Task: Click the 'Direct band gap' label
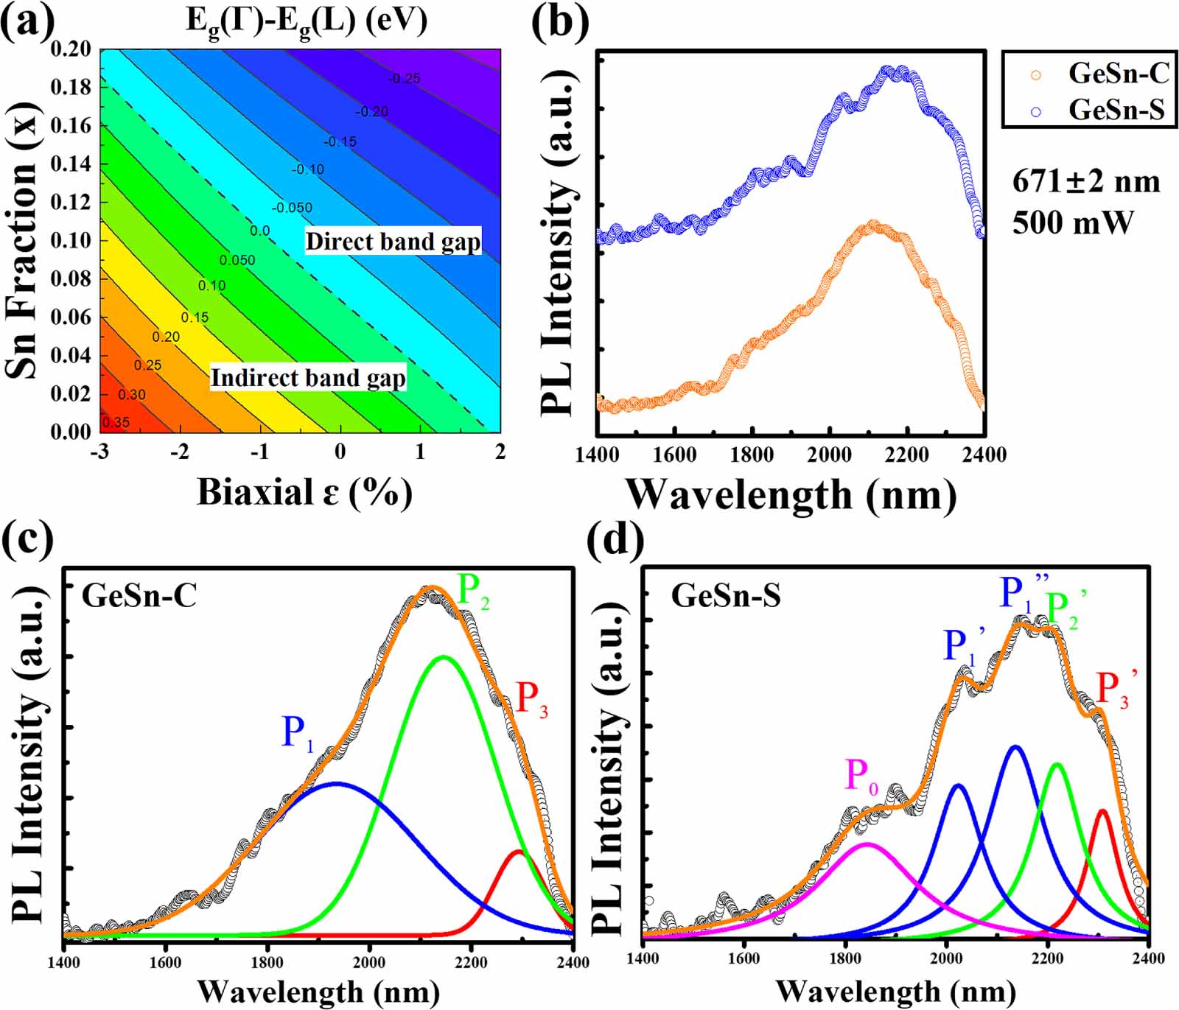(x=393, y=242)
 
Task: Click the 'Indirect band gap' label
(x=308, y=378)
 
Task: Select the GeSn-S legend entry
(x=1116, y=110)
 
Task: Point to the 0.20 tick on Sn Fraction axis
(x=71, y=49)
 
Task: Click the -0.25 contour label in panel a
(x=404, y=79)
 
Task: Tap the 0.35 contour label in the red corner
(x=116, y=422)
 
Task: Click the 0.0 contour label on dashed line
(x=259, y=231)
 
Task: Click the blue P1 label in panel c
(x=298, y=733)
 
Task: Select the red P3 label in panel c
(x=531, y=698)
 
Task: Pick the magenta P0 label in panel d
(x=861, y=776)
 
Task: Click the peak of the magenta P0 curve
(x=867, y=844)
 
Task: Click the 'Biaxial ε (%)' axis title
(x=304, y=491)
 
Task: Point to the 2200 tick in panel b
(x=907, y=454)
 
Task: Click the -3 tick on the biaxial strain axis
(x=100, y=452)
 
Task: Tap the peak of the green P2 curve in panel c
(x=443, y=656)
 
